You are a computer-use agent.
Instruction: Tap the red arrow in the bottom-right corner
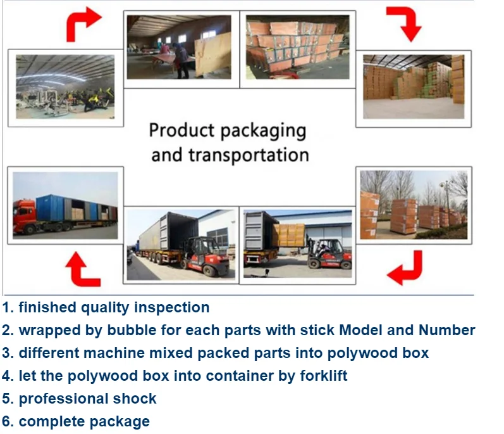(405, 267)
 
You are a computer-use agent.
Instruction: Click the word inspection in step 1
(173, 308)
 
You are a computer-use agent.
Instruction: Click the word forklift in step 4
(322, 376)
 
